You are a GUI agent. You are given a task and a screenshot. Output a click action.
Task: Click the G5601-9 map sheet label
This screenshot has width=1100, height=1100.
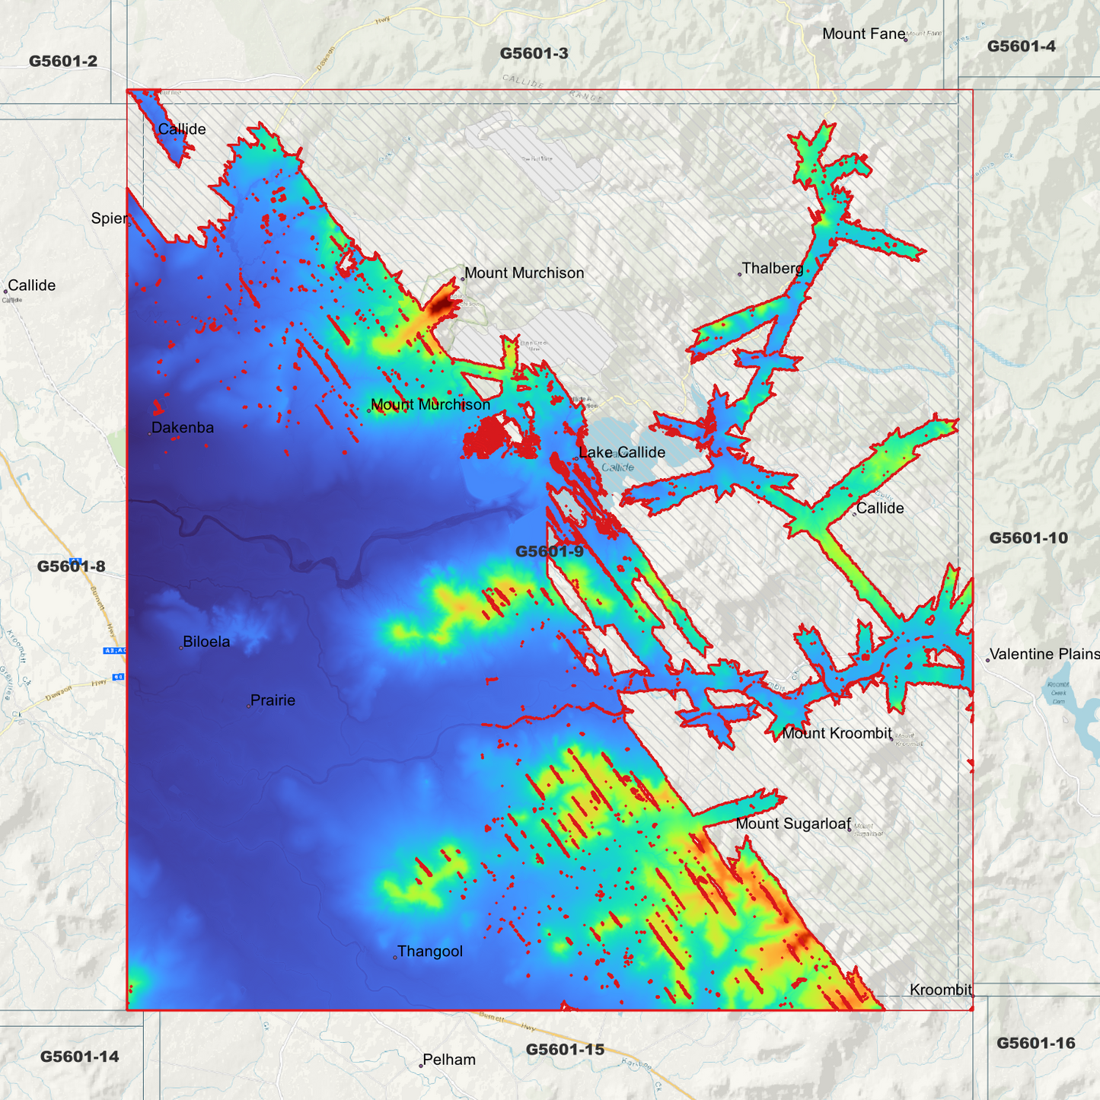point(550,551)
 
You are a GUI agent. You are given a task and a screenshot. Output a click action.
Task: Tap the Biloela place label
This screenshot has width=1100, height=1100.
point(206,642)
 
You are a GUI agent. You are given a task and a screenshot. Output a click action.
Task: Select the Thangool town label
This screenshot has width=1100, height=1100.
point(430,952)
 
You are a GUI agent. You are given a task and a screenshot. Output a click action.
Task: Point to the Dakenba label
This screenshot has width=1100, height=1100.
point(183,428)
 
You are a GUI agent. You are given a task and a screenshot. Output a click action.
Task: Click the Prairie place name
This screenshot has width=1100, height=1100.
point(273,700)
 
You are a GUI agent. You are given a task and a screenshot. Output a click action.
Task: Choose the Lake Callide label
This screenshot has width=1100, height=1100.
point(622,452)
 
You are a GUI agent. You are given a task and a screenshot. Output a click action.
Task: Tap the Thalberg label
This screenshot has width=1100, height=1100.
point(773,268)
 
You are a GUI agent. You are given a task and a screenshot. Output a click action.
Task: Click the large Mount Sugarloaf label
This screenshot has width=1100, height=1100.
point(792,824)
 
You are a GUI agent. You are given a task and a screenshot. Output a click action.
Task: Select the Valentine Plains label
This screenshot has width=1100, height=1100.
point(1044,654)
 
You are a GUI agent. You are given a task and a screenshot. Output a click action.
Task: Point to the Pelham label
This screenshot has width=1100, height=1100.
point(449,1060)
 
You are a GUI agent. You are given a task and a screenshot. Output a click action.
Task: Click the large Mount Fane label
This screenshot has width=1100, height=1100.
point(864,33)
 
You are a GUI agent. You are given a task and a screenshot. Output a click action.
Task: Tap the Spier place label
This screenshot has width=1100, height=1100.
point(109,218)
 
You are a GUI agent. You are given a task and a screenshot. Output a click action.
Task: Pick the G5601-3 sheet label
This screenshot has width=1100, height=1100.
point(534,53)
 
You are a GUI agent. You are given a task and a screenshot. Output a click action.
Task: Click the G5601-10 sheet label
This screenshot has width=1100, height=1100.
point(1028,538)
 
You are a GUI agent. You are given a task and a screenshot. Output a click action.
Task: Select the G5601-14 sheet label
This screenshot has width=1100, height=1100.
point(80,1057)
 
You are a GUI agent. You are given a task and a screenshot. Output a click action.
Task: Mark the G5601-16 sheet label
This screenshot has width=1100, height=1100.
point(1036,1043)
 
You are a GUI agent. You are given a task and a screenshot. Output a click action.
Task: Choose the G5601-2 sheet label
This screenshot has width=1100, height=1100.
point(63,61)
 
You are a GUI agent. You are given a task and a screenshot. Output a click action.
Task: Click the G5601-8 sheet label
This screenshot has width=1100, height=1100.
point(72,566)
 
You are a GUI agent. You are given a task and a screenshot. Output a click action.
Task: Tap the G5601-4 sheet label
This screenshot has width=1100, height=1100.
point(1022,46)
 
